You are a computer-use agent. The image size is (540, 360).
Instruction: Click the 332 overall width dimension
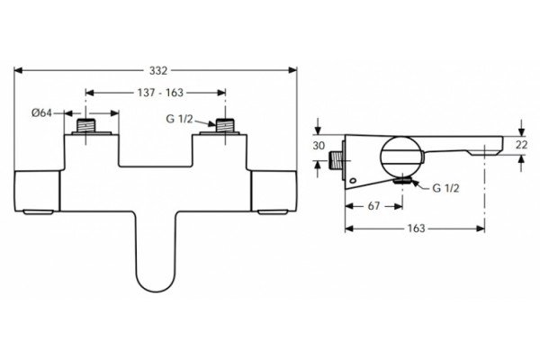pos(158,70)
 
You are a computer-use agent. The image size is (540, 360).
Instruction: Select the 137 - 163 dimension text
pos(160,93)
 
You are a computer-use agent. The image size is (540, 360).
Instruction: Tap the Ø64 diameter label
pos(41,112)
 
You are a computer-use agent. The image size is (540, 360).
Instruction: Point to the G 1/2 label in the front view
pos(179,119)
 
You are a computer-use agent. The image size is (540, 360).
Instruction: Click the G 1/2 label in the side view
pos(445,188)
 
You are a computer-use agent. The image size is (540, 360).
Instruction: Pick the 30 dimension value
pos(319,146)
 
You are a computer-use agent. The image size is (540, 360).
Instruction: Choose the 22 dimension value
pos(521,145)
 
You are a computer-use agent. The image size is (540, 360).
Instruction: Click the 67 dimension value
pos(373,206)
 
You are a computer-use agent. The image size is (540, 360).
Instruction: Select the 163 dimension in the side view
pos(416,229)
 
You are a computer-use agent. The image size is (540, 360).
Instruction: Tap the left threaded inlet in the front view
pos(85,125)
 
